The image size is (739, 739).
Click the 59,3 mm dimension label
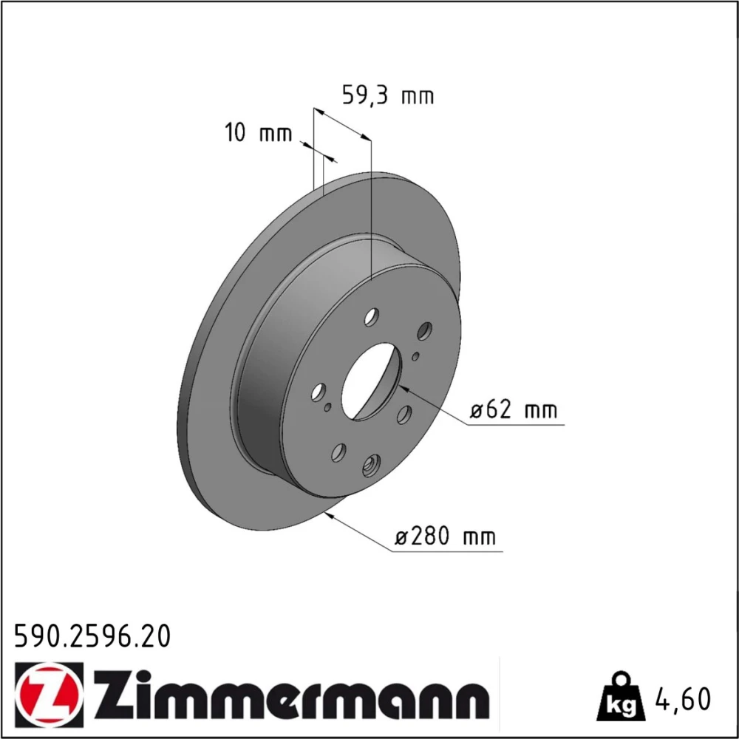(x=387, y=95)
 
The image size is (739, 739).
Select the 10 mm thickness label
(x=258, y=133)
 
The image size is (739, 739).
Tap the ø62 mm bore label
(x=514, y=409)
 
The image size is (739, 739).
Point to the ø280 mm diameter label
(x=445, y=537)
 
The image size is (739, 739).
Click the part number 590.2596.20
(x=92, y=637)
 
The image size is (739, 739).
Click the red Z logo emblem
(x=49, y=691)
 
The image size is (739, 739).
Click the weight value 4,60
(x=682, y=699)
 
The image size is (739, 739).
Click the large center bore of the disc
(x=372, y=381)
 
